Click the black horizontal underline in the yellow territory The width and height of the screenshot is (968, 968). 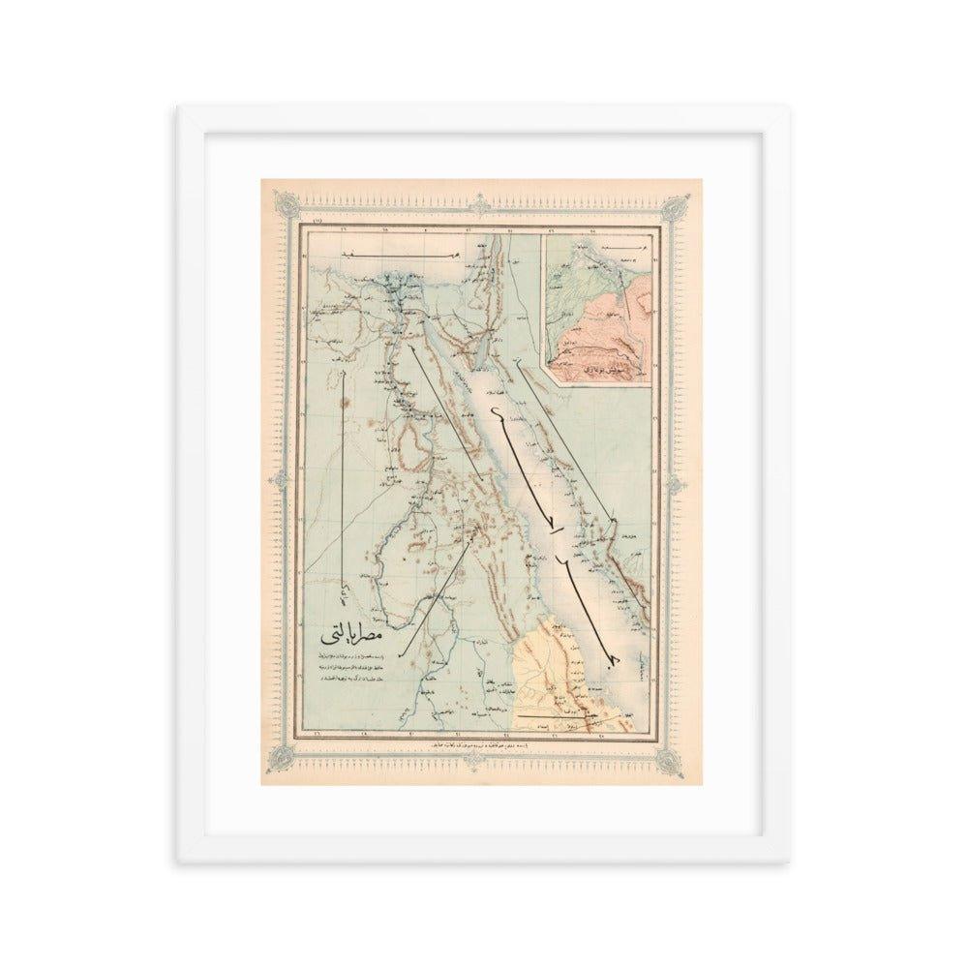tap(561, 714)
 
